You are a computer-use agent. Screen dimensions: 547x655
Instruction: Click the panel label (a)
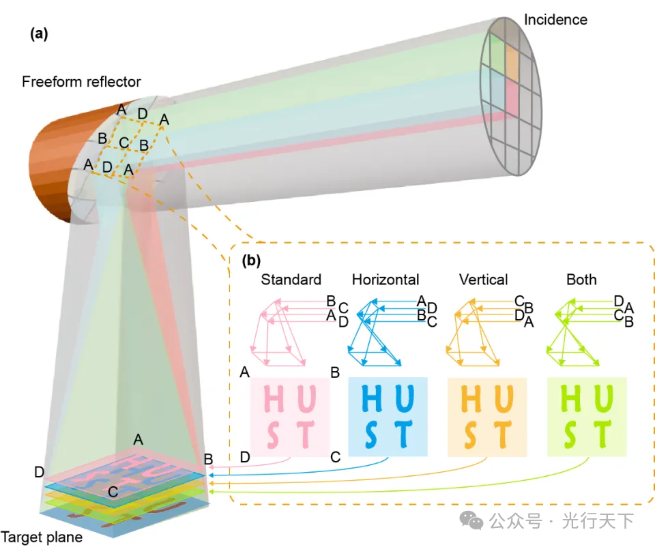(39, 34)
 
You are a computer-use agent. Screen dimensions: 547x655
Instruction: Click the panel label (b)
(251, 259)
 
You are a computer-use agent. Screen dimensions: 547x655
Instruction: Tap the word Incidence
(555, 20)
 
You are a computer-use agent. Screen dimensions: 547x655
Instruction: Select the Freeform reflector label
(81, 82)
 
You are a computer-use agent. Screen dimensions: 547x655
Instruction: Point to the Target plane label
(42, 537)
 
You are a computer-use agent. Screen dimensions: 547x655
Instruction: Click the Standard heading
(291, 280)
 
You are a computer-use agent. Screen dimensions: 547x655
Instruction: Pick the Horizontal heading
(385, 280)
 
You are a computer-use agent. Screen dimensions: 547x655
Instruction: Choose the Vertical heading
(483, 280)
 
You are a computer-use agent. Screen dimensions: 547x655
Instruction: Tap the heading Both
(581, 280)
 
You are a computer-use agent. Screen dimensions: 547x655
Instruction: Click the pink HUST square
(290, 416)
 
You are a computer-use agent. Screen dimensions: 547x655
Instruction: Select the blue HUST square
(388, 416)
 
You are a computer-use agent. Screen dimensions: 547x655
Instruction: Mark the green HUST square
(586, 416)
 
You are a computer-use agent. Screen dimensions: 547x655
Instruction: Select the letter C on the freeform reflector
(123, 143)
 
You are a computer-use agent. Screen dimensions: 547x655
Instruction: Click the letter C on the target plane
(113, 492)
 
